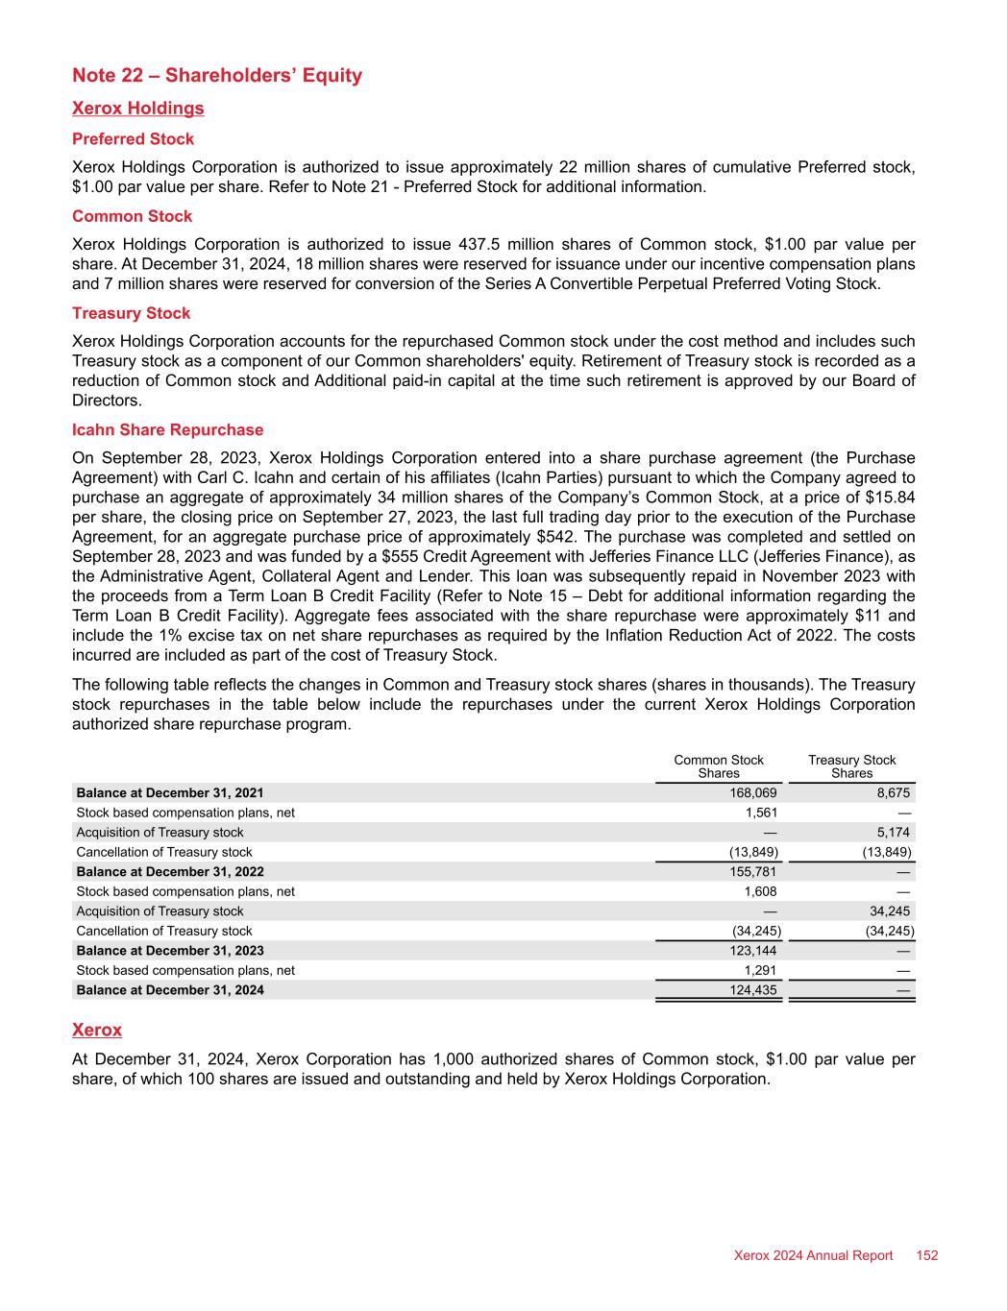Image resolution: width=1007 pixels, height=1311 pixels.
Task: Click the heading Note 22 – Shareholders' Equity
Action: pyautogui.click(x=217, y=76)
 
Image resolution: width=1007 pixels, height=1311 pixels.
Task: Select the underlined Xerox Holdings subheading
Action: pyautogui.click(x=138, y=109)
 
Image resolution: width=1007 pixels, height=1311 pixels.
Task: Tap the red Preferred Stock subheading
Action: pyautogui.click(x=133, y=139)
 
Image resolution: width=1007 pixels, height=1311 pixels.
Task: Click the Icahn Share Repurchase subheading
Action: pyautogui.click(x=167, y=430)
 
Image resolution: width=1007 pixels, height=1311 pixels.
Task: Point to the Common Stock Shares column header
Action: pyautogui.click(x=719, y=766)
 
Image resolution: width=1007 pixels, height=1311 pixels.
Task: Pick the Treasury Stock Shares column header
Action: pyautogui.click(x=851, y=766)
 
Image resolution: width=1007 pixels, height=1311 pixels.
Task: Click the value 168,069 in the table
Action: pyautogui.click(x=754, y=793)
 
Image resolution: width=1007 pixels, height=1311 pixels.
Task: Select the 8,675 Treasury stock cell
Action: pyautogui.click(x=894, y=793)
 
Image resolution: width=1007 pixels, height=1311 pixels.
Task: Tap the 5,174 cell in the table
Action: pyautogui.click(x=894, y=833)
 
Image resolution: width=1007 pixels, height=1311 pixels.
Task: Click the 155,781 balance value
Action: pyautogui.click(x=754, y=872)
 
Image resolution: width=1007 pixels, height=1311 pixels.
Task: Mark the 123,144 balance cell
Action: pyautogui.click(x=754, y=951)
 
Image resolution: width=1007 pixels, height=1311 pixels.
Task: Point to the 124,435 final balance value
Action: pyautogui.click(x=754, y=990)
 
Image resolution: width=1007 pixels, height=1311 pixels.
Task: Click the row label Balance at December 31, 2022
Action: pyautogui.click(x=170, y=872)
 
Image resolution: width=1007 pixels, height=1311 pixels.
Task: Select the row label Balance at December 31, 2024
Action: pyautogui.click(x=170, y=990)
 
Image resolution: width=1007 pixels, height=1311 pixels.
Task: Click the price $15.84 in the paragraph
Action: pyautogui.click(x=894, y=497)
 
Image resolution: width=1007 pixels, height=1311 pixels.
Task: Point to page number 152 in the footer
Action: pyautogui.click(x=926, y=1256)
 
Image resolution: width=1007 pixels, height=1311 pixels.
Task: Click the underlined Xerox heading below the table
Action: pyautogui.click(x=97, y=1031)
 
